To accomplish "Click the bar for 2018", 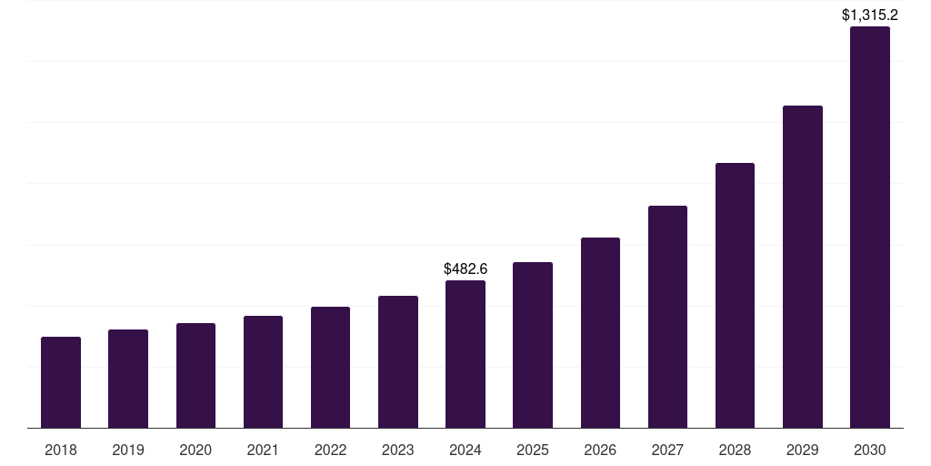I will click(61, 382).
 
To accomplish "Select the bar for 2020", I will click(195, 375).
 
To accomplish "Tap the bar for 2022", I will click(330, 367).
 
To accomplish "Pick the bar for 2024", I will click(465, 354).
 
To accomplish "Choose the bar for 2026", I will click(600, 332).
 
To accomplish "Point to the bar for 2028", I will click(735, 295).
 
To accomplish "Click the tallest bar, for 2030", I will click(869, 228).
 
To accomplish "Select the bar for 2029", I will click(802, 267).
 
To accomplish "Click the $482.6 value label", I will click(465, 268).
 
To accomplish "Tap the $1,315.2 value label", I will click(870, 15).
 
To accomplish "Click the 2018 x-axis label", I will click(61, 450).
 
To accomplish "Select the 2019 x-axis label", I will click(128, 450).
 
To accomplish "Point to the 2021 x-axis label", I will click(263, 450).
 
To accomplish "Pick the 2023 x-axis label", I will click(397, 450).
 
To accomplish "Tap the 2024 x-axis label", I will click(465, 450).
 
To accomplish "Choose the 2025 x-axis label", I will click(533, 450).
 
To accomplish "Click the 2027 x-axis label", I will click(667, 450).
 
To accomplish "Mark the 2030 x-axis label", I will click(869, 450).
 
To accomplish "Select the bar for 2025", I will click(533, 345).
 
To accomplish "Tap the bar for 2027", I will click(667, 317).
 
